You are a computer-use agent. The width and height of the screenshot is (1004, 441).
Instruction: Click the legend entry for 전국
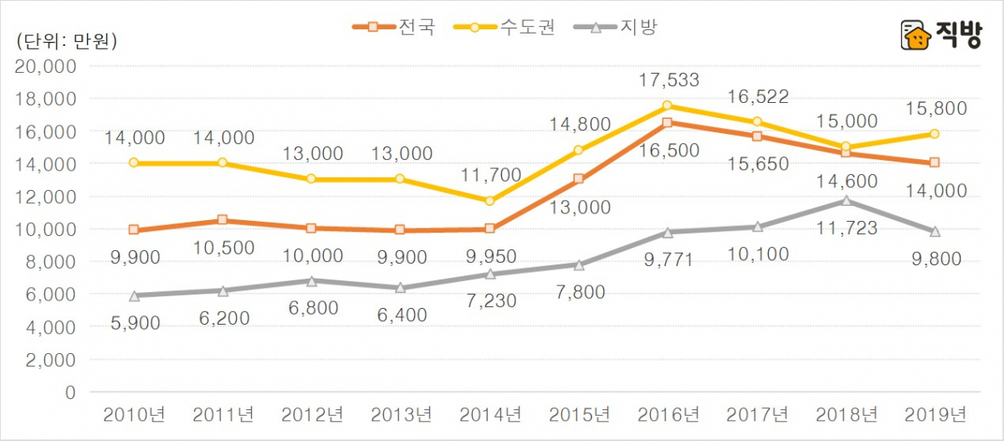coord(394,27)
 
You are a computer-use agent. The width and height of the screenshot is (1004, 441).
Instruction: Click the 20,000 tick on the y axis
coord(47,66)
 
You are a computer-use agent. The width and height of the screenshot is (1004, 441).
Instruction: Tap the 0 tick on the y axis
coord(70,392)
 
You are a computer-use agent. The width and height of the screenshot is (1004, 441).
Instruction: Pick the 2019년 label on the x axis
coord(935,414)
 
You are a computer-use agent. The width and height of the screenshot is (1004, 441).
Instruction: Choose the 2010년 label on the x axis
coord(134,414)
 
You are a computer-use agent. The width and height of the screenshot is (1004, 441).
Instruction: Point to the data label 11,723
coord(846,227)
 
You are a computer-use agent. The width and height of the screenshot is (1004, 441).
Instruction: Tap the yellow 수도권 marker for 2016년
coord(668,105)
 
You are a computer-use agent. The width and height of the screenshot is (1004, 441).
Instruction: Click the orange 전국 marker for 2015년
coord(579,179)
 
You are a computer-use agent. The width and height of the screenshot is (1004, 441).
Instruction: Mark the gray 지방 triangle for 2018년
coord(846,200)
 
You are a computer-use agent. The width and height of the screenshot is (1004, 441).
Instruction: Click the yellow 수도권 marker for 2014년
coord(489,201)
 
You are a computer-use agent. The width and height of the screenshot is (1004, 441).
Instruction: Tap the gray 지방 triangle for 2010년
coord(134,295)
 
